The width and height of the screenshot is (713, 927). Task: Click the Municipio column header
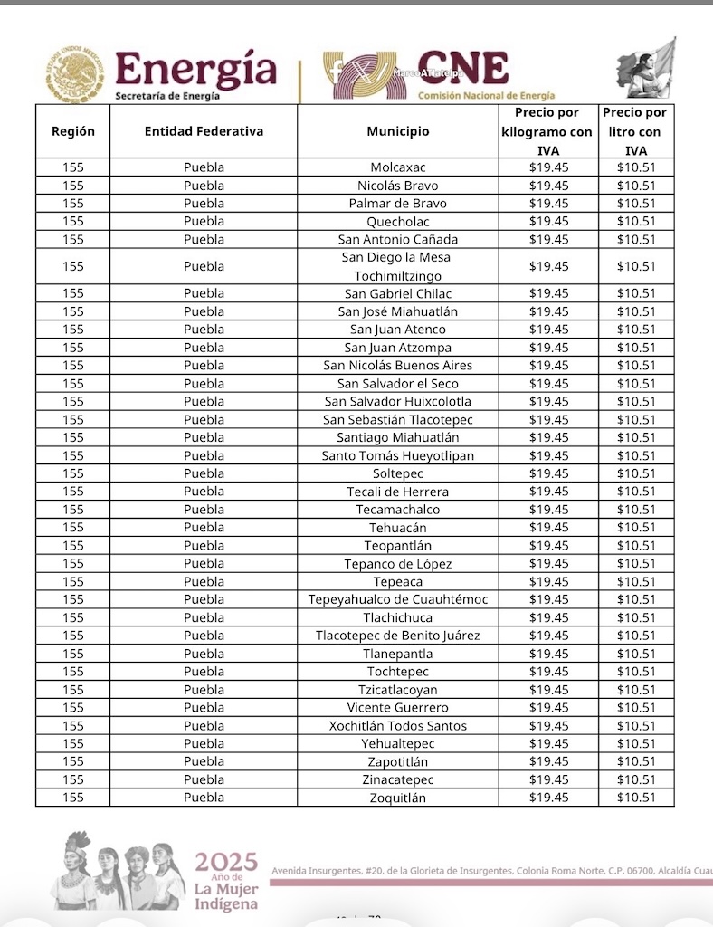[397, 131]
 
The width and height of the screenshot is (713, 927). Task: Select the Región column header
[73, 131]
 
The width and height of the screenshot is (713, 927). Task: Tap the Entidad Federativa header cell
[204, 131]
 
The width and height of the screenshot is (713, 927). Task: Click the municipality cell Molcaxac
[397, 167]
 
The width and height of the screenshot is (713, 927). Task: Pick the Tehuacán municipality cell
[397, 528]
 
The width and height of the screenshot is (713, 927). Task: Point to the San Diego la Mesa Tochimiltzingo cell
[397, 266]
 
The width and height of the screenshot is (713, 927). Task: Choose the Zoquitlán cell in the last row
[397, 798]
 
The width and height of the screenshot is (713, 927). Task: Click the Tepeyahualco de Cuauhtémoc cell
[397, 599]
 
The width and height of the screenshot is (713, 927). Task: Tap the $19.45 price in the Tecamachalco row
[548, 510]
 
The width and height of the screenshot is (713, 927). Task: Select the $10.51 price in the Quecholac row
[636, 222]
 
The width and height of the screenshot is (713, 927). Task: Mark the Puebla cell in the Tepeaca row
[204, 581]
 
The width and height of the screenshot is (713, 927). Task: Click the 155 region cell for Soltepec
[73, 473]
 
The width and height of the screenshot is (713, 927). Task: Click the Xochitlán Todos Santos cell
[397, 726]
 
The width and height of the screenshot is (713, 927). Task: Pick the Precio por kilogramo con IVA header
[548, 131]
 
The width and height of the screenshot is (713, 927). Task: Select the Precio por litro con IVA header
[636, 131]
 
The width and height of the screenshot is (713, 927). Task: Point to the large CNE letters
[462, 69]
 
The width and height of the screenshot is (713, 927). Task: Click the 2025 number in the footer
[226, 861]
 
